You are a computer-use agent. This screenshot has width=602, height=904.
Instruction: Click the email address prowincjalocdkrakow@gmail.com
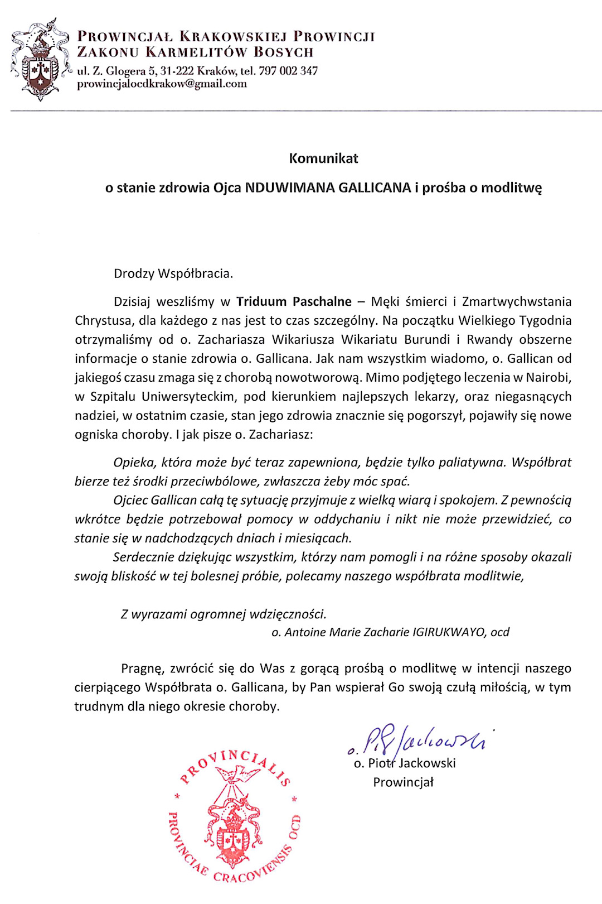(x=162, y=84)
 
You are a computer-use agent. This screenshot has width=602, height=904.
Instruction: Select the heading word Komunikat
(x=323, y=158)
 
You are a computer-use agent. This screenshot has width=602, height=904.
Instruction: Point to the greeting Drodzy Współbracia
(x=173, y=273)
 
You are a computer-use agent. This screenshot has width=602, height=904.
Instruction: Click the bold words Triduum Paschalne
(x=294, y=302)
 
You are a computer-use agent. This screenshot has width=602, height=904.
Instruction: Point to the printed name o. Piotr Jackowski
(x=405, y=763)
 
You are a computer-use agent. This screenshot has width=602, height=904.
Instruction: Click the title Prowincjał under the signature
(x=403, y=782)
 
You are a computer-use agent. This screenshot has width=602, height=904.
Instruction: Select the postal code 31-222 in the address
(x=177, y=71)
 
